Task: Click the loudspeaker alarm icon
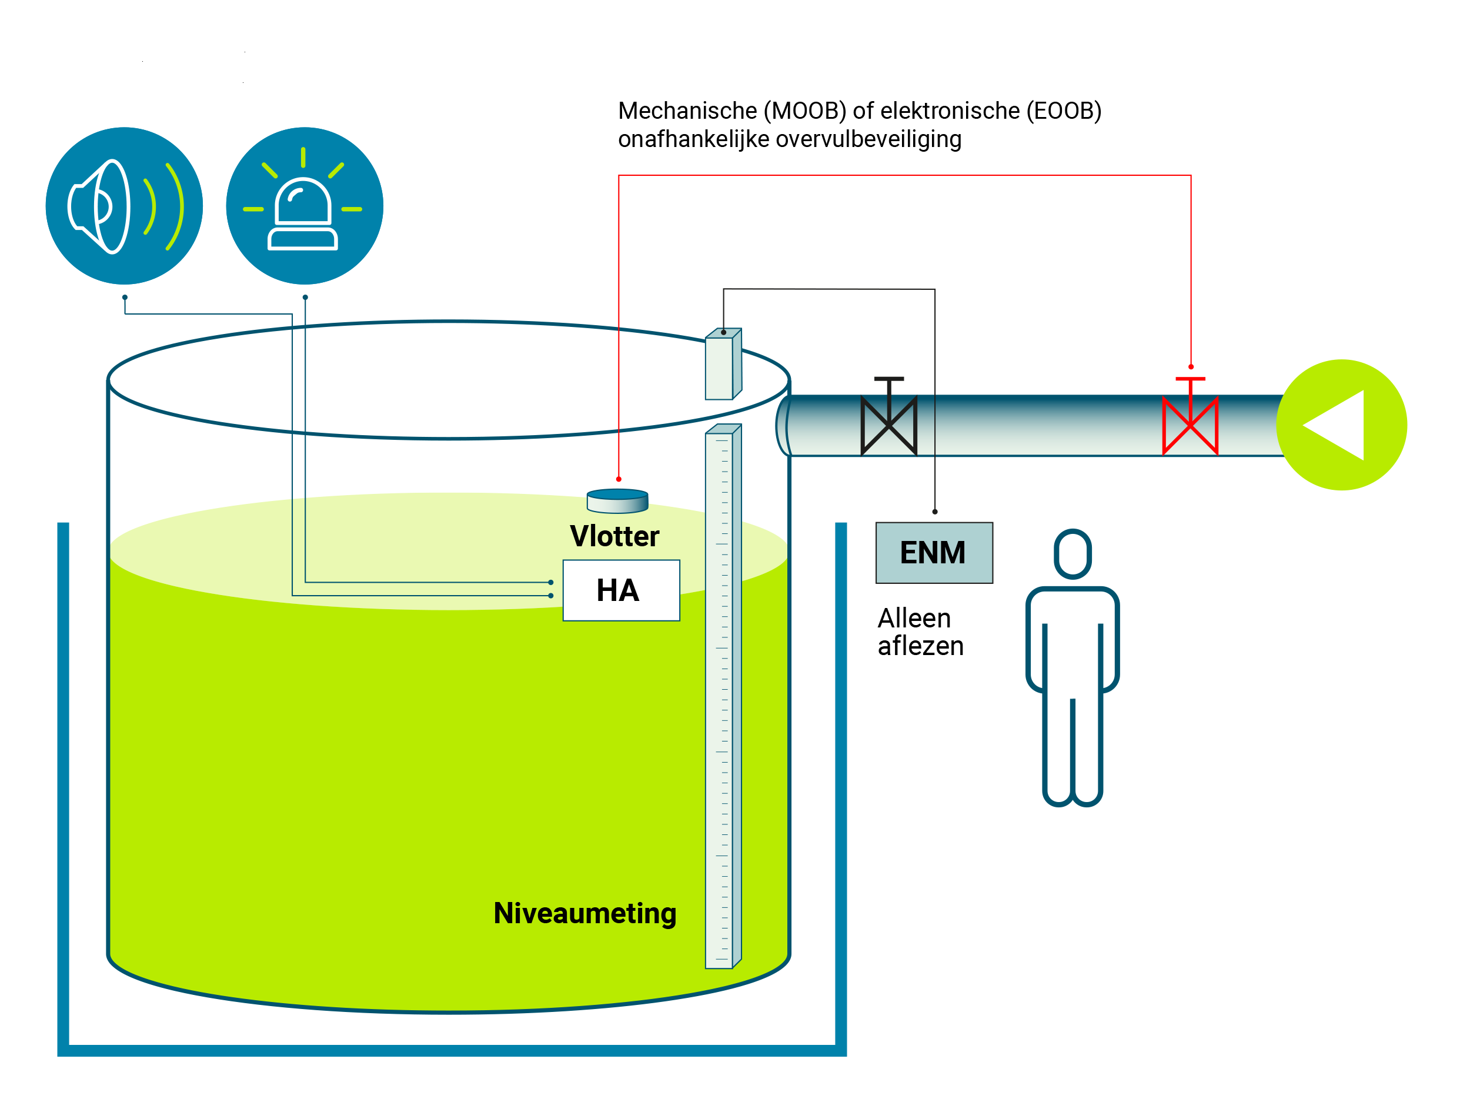(x=124, y=206)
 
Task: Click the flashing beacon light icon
(x=305, y=206)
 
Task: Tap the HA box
(x=622, y=590)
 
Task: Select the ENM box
(x=934, y=553)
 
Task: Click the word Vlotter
(x=614, y=536)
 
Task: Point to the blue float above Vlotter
(x=617, y=501)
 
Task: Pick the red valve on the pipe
(x=1190, y=417)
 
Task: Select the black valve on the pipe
(x=889, y=417)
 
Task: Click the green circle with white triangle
(x=1342, y=425)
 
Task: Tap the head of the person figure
(x=1073, y=554)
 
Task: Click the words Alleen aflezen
(x=920, y=632)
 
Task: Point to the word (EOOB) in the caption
(x=1064, y=111)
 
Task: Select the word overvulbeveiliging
(x=868, y=139)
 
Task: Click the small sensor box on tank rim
(x=723, y=364)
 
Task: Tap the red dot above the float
(x=619, y=479)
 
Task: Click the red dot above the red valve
(x=1191, y=367)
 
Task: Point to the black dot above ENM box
(x=935, y=512)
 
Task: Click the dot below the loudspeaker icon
(x=125, y=297)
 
